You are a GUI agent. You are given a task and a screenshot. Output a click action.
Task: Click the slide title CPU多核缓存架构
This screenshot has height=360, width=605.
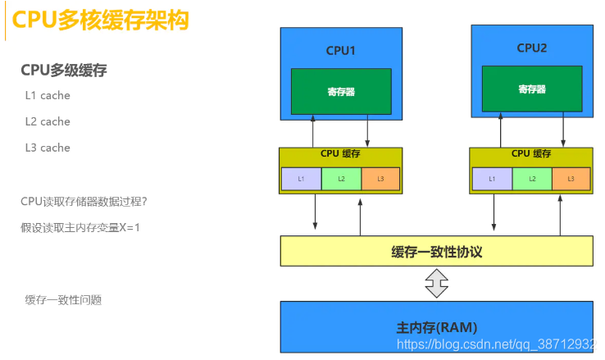tap(101, 21)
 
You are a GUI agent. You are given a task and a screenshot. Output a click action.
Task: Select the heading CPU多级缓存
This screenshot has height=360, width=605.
tap(64, 71)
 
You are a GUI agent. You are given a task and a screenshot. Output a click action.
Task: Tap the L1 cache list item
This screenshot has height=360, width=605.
tap(48, 95)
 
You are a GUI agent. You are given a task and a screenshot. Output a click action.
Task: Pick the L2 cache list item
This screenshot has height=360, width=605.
tap(48, 121)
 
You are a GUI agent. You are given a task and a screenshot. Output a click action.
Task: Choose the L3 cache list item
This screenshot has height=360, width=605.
tap(48, 148)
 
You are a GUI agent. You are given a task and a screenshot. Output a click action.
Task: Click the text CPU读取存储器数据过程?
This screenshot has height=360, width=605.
tap(84, 201)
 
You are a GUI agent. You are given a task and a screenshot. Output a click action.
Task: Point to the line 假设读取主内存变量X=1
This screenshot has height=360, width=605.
tap(80, 227)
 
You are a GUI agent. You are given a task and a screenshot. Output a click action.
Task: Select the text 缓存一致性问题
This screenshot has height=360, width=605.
tap(64, 300)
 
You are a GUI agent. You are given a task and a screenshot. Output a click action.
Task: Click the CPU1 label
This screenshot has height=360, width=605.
tap(341, 50)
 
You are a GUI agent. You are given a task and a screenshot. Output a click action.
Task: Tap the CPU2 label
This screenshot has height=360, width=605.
tap(531, 48)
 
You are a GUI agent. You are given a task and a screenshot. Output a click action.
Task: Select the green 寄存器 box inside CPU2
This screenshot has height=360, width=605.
tap(531, 89)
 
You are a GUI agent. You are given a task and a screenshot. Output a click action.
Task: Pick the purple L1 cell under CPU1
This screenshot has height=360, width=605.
tap(301, 179)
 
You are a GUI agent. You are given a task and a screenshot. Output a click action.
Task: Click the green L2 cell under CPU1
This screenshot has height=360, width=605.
tap(341, 179)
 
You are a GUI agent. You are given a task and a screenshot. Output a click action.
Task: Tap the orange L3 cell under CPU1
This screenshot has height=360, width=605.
tap(380, 179)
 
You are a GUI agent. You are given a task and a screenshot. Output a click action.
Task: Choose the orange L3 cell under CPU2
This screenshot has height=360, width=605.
tap(571, 178)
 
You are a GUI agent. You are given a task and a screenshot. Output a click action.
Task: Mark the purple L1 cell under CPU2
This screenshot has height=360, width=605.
tap(492, 178)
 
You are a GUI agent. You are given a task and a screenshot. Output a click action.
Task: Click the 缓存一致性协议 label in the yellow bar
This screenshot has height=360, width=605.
tap(436, 252)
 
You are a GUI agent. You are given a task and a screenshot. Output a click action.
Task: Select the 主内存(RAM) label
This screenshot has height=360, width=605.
tap(436, 327)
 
